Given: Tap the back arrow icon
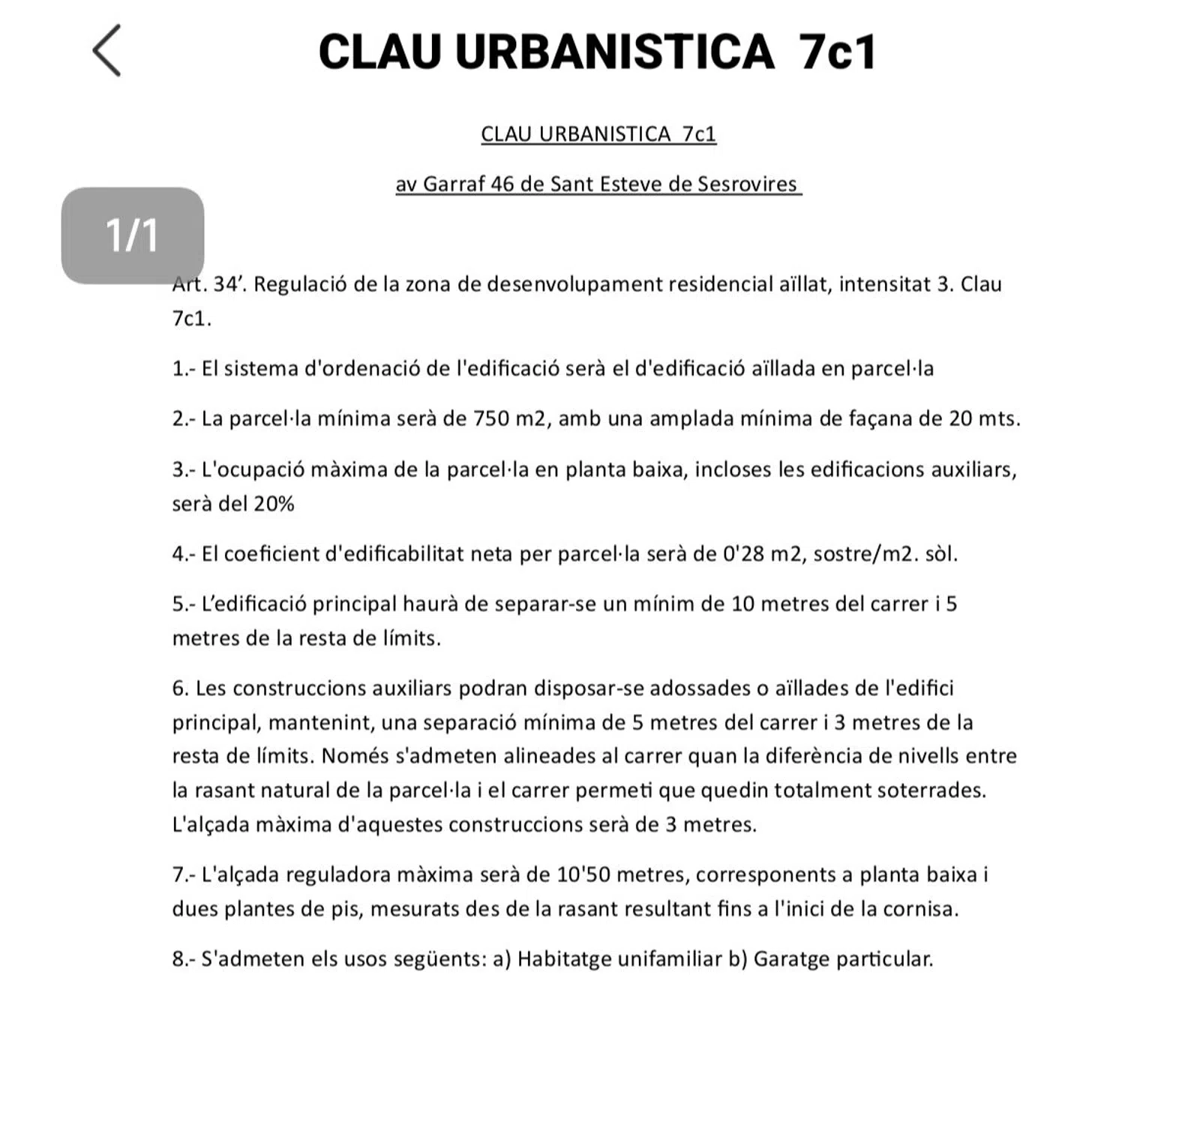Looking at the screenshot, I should (x=106, y=50).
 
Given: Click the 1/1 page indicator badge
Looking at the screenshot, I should (x=132, y=235).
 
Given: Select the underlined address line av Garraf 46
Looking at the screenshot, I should (x=598, y=184).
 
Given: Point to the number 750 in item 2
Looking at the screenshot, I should (x=492, y=418).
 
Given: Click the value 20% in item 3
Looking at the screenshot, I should (x=274, y=504).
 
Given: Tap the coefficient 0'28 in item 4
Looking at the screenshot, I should (x=743, y=554).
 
